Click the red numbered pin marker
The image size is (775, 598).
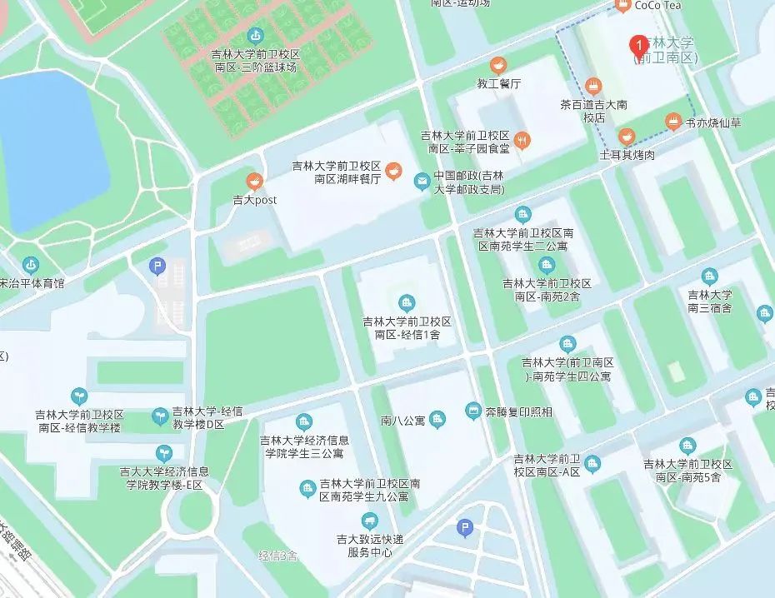638,44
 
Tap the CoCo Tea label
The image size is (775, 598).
657,6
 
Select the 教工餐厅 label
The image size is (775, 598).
498,84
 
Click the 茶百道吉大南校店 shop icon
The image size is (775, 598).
593,87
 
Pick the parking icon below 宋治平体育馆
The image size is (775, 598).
157,267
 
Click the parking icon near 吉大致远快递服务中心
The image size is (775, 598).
465,527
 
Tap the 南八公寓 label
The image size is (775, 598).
402,420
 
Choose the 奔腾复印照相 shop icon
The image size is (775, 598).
473,411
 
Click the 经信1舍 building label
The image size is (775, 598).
407,328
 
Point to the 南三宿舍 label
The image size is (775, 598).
709,301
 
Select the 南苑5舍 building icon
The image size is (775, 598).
687,446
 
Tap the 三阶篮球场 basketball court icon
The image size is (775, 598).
256,36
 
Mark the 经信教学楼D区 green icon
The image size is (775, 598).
159,415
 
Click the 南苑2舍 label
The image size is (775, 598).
547,289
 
